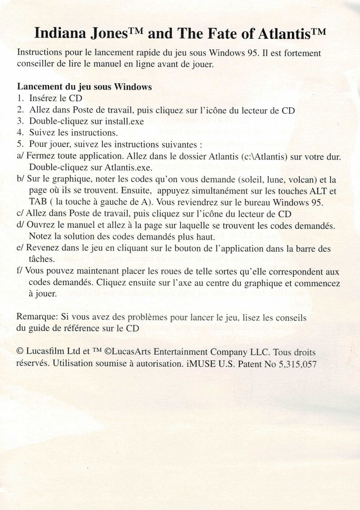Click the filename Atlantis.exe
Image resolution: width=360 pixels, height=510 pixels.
pyautogui.click(x=126, y=168)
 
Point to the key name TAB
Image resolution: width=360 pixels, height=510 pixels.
pyautogui.click(x=38, y=202)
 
